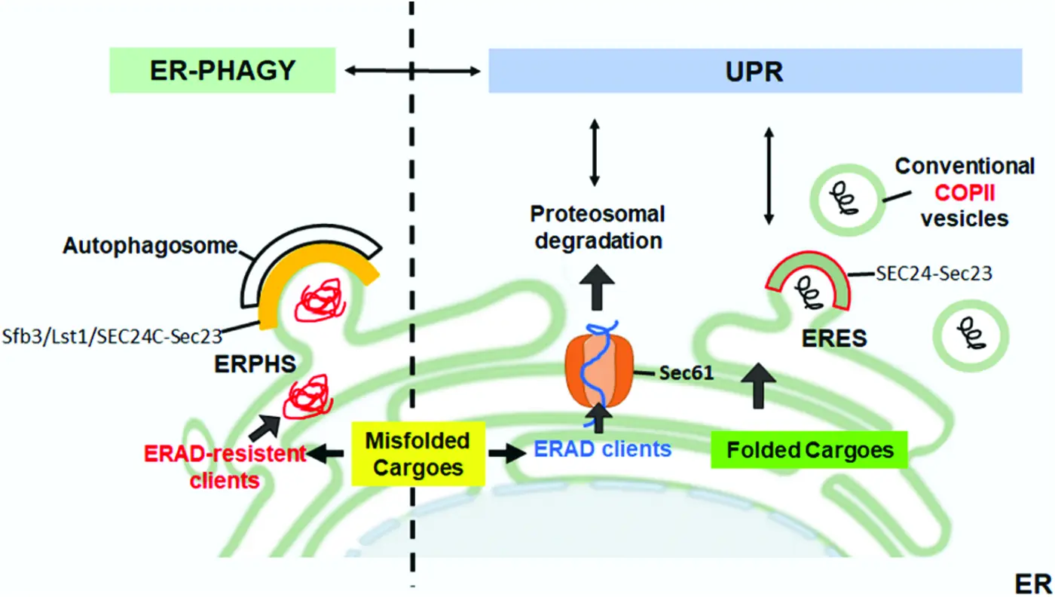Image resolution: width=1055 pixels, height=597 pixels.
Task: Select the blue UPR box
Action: [754, 72]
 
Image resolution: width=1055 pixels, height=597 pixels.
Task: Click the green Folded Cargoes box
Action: [809, 451]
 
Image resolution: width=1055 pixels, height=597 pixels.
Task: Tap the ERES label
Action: [835, 338]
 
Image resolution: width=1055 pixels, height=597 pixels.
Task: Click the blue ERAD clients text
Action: [602, 449]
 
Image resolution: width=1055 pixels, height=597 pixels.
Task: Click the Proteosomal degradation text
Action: [597, 228]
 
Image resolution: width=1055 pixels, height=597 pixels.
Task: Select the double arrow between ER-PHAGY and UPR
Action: [412, 72]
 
